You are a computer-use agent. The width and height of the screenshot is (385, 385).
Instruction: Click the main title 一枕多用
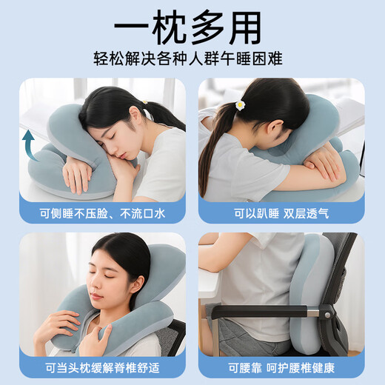point(192,27)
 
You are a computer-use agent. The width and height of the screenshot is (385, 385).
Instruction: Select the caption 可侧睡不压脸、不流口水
point(102,212)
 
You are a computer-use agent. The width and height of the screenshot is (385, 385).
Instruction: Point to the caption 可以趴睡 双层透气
point(281,212)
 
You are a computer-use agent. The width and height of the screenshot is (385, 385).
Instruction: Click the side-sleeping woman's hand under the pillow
point(77,174)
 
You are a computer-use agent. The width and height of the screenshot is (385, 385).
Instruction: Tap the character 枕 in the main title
point(167,27)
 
